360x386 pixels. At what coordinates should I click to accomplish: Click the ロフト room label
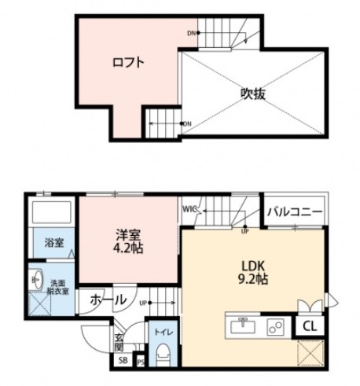(x=127, y=62)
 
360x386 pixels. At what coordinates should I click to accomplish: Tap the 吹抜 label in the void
(x=252, y=94)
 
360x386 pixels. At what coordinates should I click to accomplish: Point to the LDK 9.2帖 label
(x=252, y=270)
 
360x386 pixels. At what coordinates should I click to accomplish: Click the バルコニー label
(x=293, y=211)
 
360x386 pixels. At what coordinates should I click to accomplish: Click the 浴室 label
(x=54, y=243)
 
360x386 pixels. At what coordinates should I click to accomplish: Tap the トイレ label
(x=163, y=331)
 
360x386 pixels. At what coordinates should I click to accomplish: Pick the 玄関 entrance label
(x=118, y=342)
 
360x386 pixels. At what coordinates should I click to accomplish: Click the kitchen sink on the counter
(x=244, y=325)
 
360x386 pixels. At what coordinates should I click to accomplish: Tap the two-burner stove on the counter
(x=276, y=325)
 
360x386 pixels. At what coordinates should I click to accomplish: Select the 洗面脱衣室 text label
(x=60, y=286)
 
